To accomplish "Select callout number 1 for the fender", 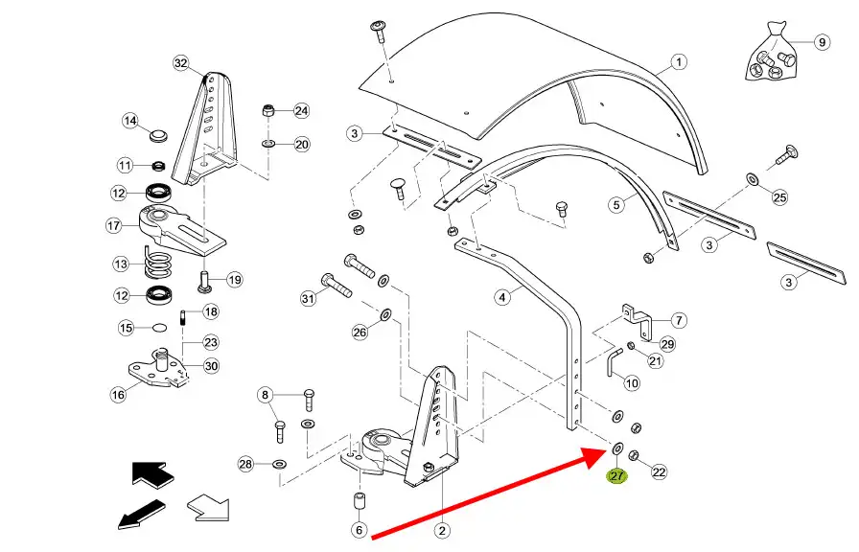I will coord(678,63).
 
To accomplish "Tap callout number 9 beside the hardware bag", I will coord(822,42).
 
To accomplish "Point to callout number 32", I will coord(181,63).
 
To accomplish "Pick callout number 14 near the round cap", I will coord(130,121).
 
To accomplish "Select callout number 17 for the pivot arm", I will coord(113,226).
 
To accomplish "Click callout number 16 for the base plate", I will coord(118,394).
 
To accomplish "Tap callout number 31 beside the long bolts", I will coord(308,299).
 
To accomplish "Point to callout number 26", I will coord(360,333).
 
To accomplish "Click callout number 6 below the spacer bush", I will coord(359,530).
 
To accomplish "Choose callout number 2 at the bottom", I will coord(442,530).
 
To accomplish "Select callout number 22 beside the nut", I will coord(658,471).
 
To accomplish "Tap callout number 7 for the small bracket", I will coord(679,320).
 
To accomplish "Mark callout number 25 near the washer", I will coord(779,197).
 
